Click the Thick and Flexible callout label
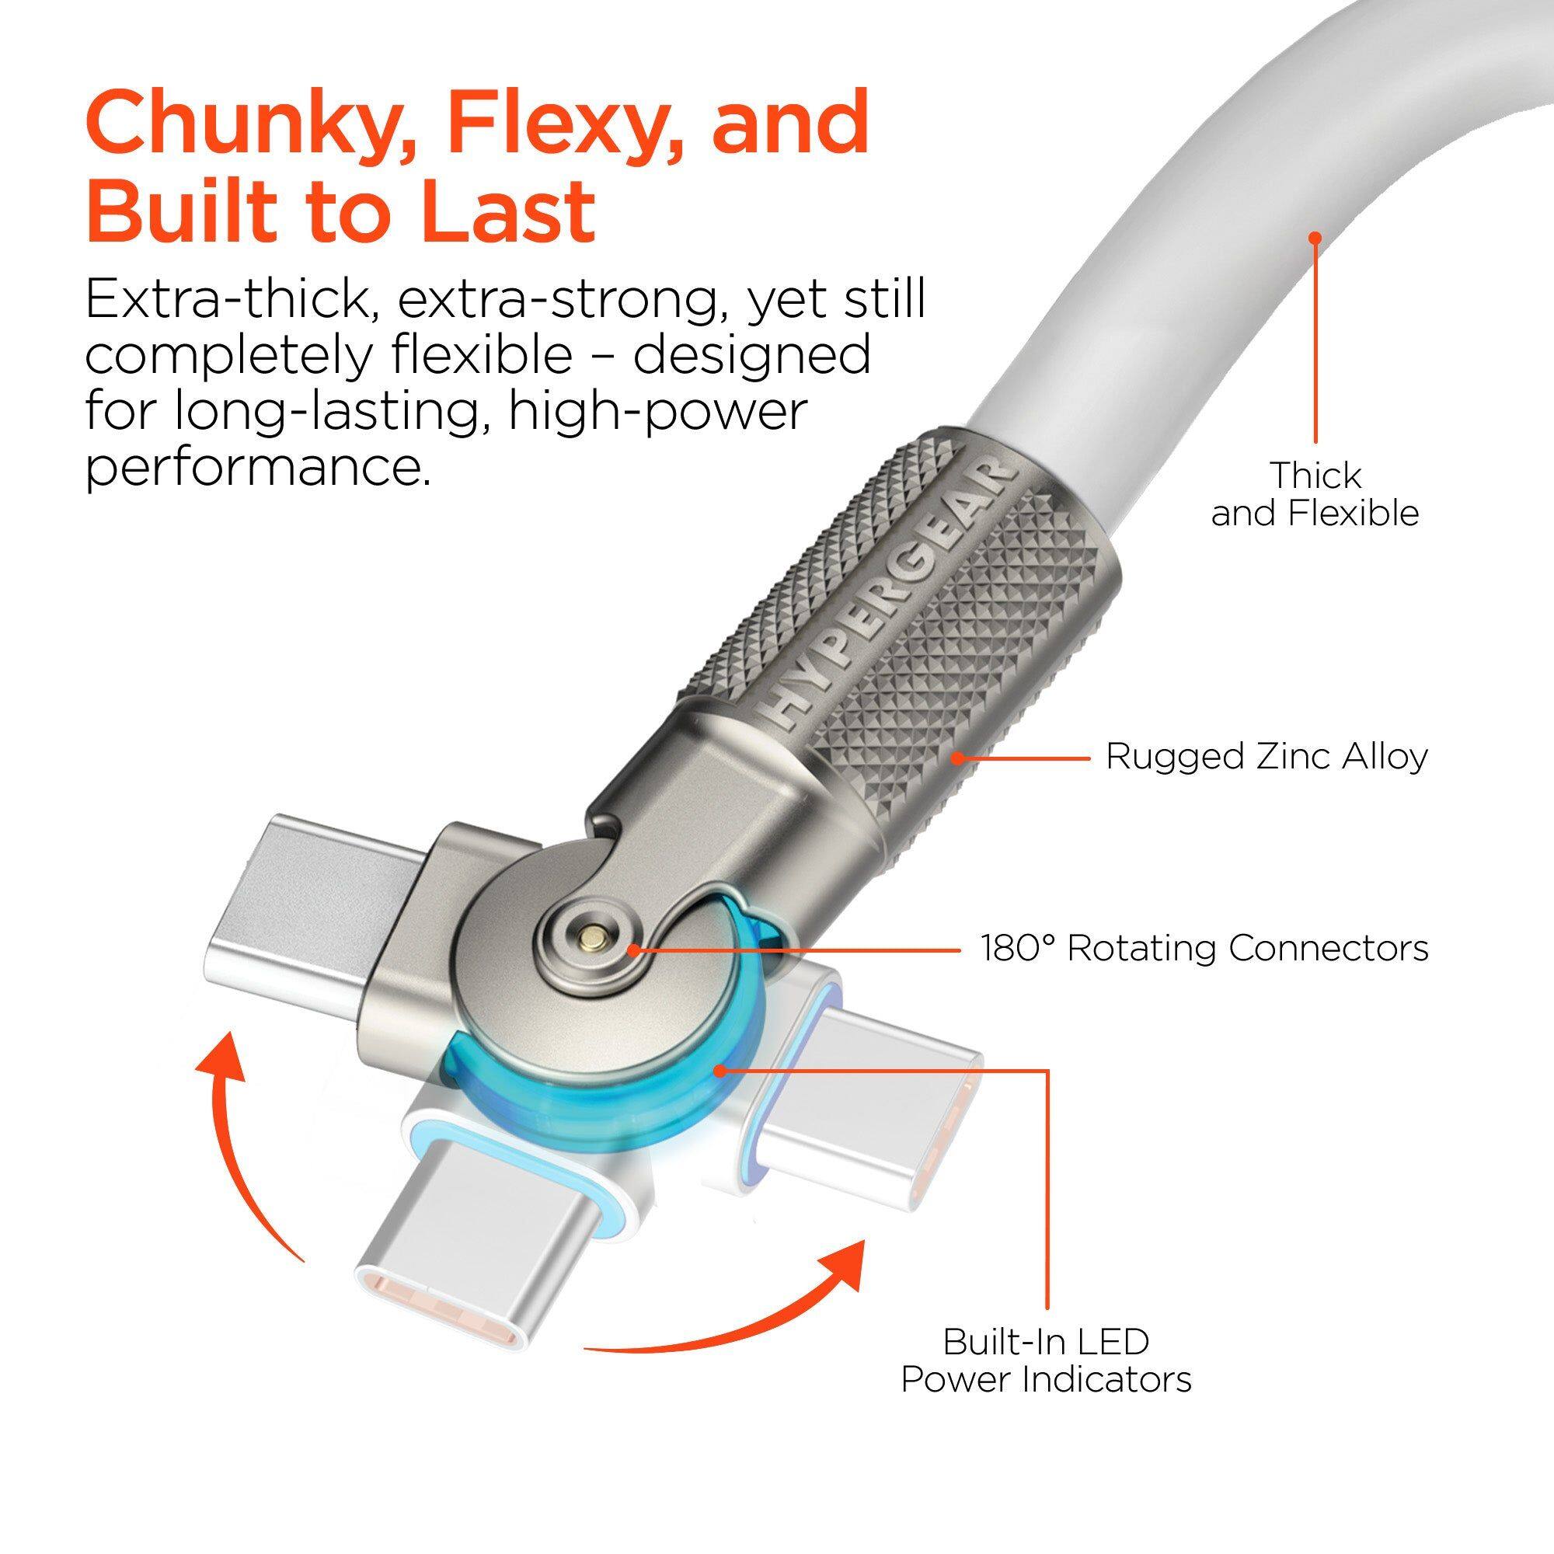1315,494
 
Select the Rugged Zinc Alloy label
1266,757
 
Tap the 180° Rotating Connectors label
1204,948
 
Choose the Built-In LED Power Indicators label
1046,1361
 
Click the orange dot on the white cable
1315,238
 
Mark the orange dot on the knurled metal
957,757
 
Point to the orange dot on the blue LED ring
721,1070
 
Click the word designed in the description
752,355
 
